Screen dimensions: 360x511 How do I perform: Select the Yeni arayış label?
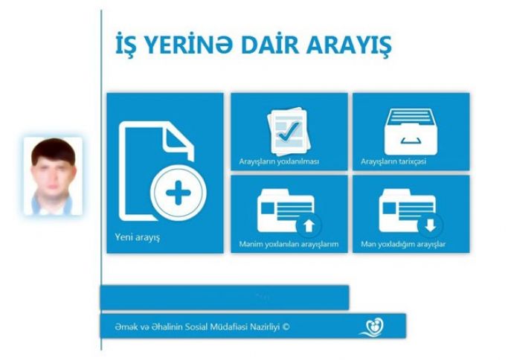coord(138,238)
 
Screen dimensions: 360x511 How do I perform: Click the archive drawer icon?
coord(410,130)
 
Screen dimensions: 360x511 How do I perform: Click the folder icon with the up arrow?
coord(284,213)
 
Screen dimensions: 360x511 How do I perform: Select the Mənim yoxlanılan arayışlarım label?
coord(289,243)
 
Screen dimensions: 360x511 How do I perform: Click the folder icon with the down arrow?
coord(406,213)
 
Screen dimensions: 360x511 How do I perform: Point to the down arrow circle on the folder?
coord(430,223)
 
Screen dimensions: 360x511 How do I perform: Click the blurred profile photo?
coord(52,176)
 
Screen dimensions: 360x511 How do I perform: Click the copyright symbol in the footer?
coord(286,327)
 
